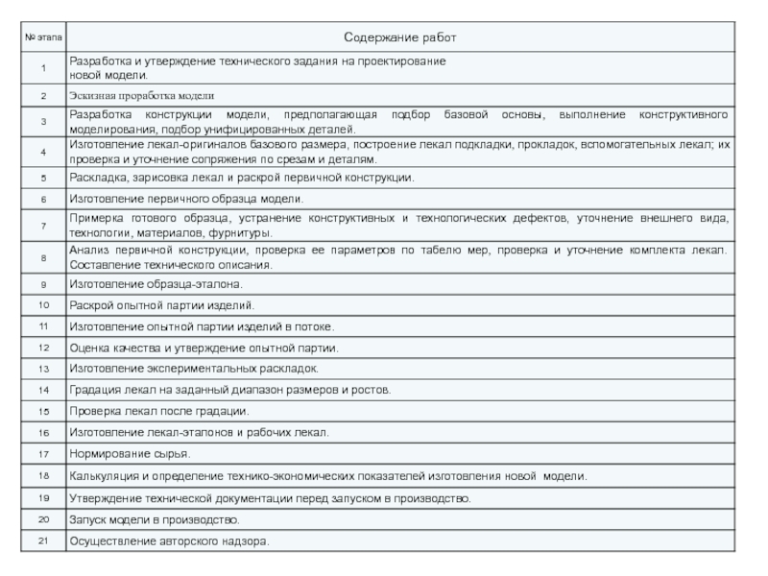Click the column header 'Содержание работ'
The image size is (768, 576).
tap(400, 37)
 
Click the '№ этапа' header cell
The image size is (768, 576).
tap(43, 37)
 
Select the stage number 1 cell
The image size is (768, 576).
tap(43, 68)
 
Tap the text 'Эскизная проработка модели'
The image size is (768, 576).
tap(141, 96)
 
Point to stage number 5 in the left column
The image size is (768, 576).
tap(43, 179)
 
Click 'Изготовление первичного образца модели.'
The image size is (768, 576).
tap(185, 199)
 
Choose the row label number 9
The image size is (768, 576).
tap(43, 285)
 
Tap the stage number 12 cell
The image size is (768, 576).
tap(43, 348)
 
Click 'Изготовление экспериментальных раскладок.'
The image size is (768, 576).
tap(193, 369)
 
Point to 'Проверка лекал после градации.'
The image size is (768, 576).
tap(158, 411)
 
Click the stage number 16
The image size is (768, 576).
tap(43, 432)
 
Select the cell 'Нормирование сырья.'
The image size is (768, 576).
tap(129, 453)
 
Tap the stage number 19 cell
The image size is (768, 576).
tap(43, 498)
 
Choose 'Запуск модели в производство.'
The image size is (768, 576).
tap(154, 519)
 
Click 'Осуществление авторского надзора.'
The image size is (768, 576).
tap(168, 541)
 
